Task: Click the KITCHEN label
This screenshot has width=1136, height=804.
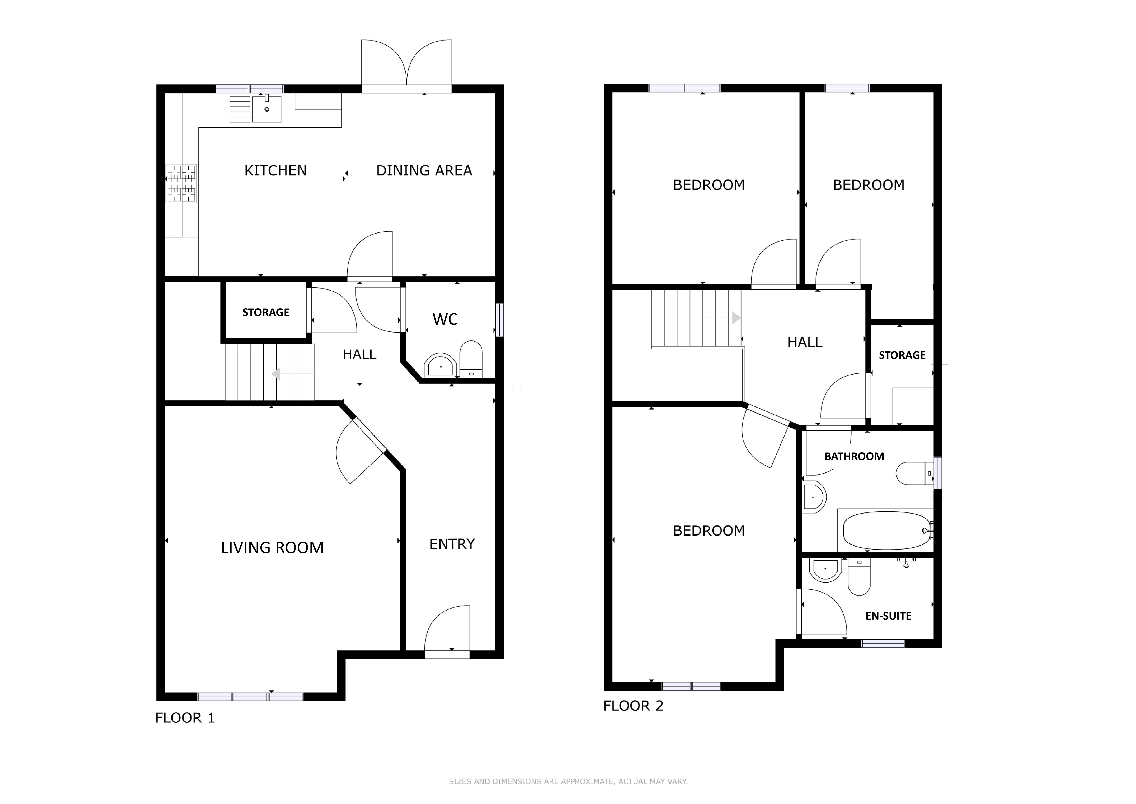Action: tap(276, 171)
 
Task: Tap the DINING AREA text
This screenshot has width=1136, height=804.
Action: tap(424, 171)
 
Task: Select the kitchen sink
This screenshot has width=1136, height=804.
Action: tap(267, 108)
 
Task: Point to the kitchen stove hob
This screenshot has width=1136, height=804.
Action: tap(181, 184)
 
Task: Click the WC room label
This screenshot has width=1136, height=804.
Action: tap(445, 319)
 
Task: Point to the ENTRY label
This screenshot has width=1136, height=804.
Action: tap(452, 544)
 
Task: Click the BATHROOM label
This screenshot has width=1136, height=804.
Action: tap(854, 456)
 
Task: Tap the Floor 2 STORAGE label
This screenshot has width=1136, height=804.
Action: tap(902, 355)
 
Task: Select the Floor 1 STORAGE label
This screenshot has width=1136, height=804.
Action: tap(266, 312)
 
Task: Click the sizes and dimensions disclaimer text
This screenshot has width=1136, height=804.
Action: tap(568, 781)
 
